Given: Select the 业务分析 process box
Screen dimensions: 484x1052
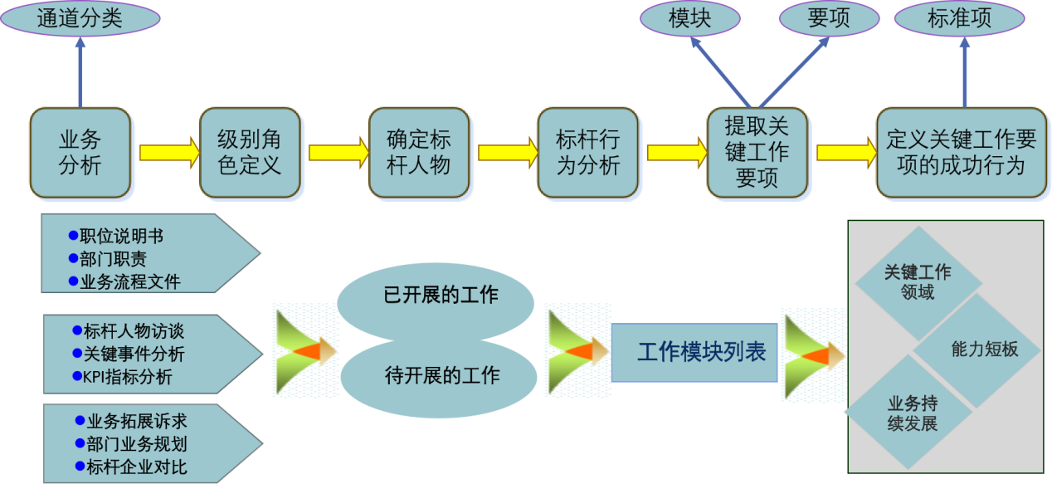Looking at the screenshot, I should [x=80, y=153].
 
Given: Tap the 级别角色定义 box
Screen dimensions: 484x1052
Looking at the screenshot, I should [x=250, y=153].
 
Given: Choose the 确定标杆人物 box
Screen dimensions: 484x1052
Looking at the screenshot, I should [x=419, y=153].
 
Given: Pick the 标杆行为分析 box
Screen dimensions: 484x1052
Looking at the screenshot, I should [x=588, y=153].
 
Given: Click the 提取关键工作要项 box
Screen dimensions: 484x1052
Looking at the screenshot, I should [x=757, y=153].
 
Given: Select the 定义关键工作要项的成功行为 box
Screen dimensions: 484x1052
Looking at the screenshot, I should [x=961, y=153].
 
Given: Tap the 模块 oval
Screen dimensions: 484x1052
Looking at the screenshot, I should [x=690, y=19].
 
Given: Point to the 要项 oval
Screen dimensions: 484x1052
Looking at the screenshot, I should [x=828, y=19].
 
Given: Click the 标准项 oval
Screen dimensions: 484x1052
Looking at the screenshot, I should [x=959, y=19].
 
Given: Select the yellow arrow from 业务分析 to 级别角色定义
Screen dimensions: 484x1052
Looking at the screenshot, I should [x=168, y=153].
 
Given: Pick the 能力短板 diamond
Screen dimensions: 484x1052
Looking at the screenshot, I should [x=984, y=350].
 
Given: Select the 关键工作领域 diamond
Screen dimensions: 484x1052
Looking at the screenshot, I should [x=917, y=282].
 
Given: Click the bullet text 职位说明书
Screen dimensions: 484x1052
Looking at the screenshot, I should [x=121, y=235].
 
